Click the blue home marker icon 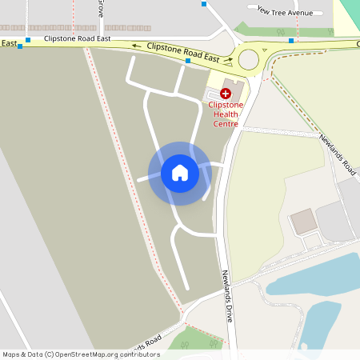coord(180,173)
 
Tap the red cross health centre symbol coord(226,94)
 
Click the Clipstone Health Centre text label coord(226,114)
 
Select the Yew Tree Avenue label coord(285,12)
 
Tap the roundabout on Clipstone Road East coord(248,58)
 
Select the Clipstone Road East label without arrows coord(77,38)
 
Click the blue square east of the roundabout coord(291,40)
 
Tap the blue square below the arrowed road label coord(188,62)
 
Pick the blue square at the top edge coord(204,4)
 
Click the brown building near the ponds coord(303,221)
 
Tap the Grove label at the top coord(101,8)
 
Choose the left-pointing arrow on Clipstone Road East coord(136,46)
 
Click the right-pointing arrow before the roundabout coord(228,58)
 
